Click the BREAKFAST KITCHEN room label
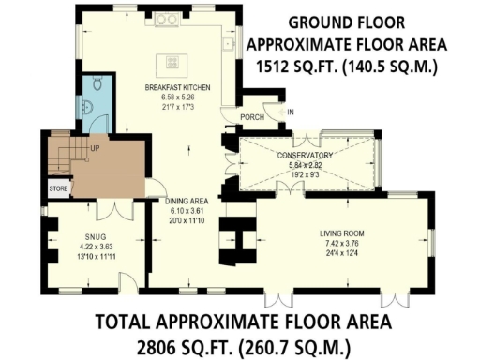(177, 87)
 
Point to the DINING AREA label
(186, 201)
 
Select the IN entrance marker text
(291, 112)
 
